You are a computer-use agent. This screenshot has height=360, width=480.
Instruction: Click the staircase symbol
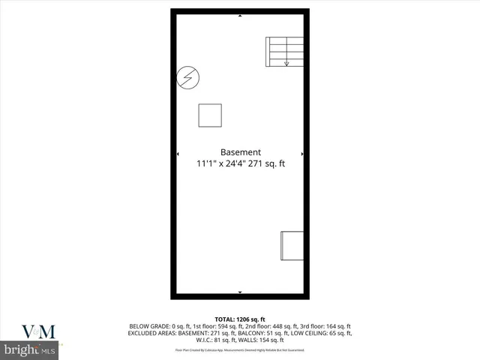(x=284, y=52)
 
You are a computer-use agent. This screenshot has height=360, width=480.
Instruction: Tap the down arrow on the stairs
(x=286, y=63)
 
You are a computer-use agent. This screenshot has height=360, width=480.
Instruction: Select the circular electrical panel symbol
(x=188, y=77)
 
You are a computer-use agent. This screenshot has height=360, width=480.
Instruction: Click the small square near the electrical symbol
(x=210, y=115)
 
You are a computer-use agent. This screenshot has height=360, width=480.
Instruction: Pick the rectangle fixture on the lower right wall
(x=292, y=245)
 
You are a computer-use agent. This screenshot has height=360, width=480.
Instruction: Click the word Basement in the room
(x=240, y=151)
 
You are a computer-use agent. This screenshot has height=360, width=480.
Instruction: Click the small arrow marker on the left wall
(x=178, y=154)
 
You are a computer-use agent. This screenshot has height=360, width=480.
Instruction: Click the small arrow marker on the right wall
(x=302, y=154)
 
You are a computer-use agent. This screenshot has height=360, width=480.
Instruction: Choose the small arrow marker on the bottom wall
(x=240, y=292)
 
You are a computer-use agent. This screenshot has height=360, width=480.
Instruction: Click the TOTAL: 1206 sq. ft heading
(x=241, y=319)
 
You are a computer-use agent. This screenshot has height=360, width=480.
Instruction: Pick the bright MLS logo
(x=30, y=350)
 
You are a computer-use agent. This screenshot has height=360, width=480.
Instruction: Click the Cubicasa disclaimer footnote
(x=241, y=349)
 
